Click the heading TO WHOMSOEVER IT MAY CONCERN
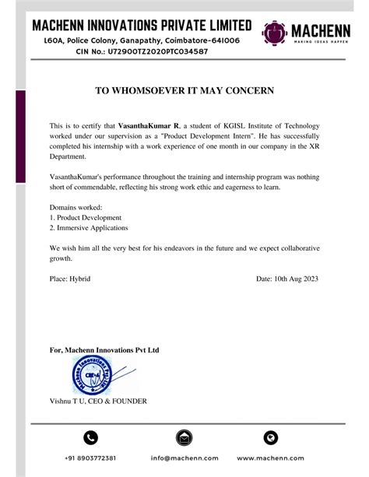[184, 91]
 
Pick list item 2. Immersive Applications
[88, 228]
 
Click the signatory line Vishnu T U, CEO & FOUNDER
[97, 401]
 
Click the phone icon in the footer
[90, 437]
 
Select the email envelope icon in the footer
[184, 437]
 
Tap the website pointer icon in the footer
[270, 437]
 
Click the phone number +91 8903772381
[90, 458]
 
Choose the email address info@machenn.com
[184, 458]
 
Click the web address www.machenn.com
[270, 458]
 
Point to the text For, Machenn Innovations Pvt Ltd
[104, 351]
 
